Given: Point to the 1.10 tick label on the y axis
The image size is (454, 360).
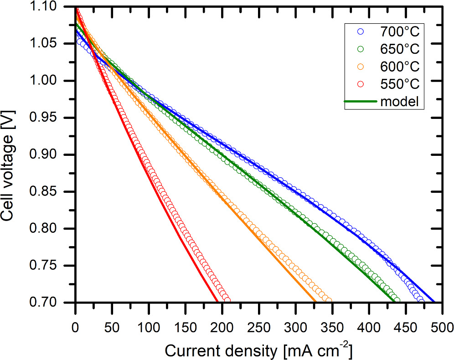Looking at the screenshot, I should (x=57, y=7).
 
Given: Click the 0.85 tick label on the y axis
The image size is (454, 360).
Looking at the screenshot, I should (x=57, y=192).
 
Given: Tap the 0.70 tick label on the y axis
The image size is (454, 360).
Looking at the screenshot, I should (x=57, y=303).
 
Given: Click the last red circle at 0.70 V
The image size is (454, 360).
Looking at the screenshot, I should (x=227, y=300).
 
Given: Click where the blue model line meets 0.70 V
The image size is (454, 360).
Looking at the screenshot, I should (x=434, y=302).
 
